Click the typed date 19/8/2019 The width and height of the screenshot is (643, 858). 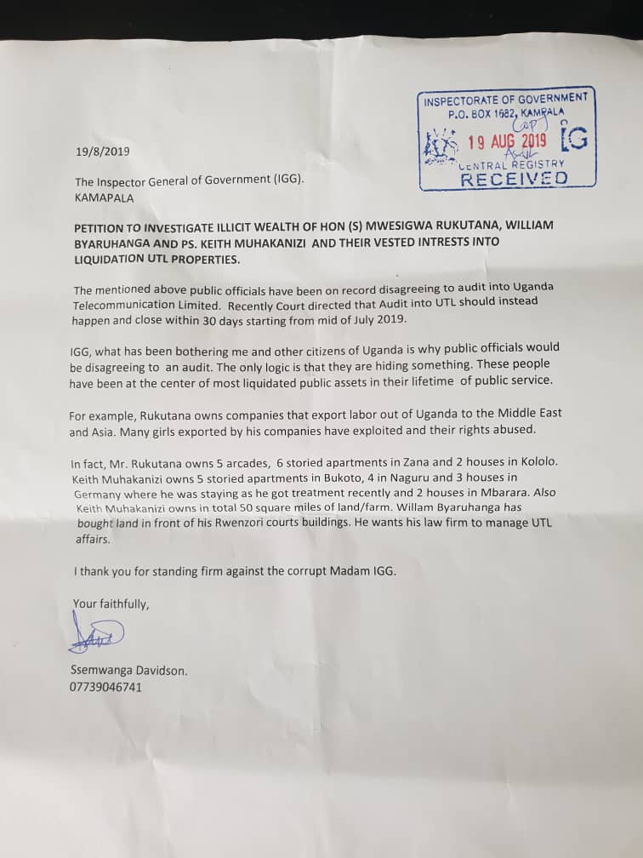tap(102, 152)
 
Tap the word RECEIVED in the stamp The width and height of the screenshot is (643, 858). tap(514, 178)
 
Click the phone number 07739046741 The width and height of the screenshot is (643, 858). tap(106, 687)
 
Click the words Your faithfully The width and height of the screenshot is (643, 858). tap(111, 604)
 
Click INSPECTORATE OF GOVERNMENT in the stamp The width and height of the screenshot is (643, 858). tap(505, 99)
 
